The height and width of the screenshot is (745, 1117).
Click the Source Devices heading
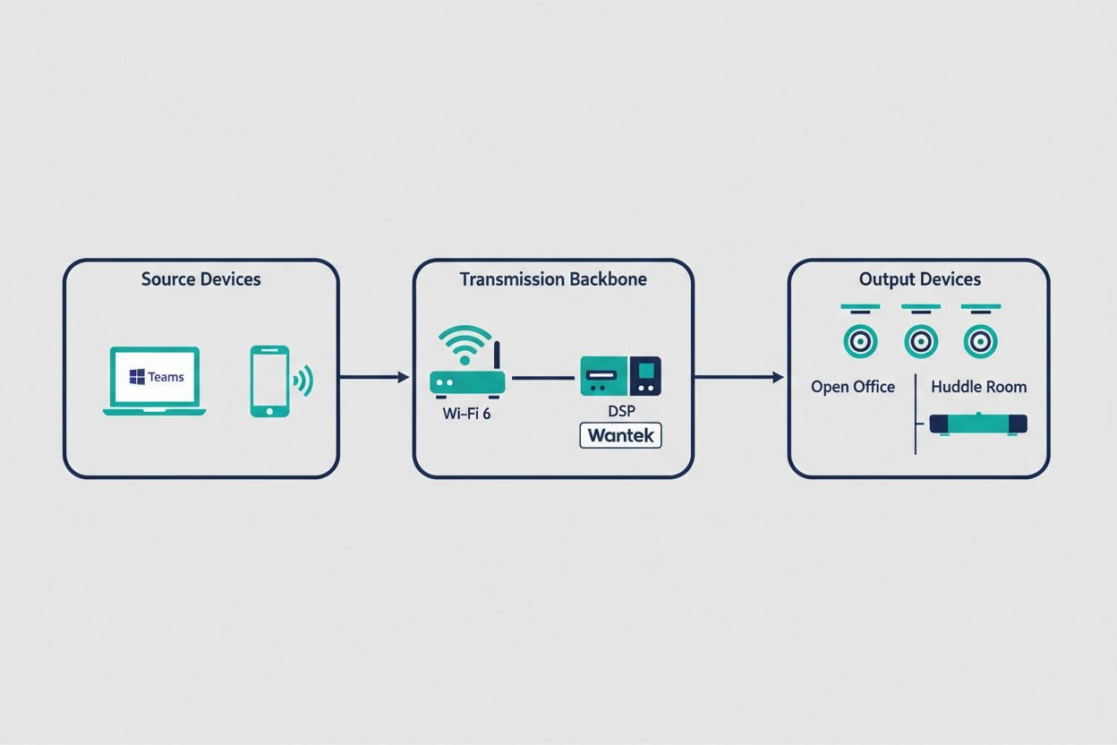[x=201, y=279]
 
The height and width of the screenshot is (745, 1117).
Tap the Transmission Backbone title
[x=553, y=279]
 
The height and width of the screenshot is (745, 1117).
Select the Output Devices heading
[x=919, y=279]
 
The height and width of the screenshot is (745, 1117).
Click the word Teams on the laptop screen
[x=166, y=377]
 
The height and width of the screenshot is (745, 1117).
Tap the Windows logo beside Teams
[x=137, y=377]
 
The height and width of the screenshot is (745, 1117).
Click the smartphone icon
[x=269, y=381]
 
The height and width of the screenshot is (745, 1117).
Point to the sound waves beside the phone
[x=303, y=381]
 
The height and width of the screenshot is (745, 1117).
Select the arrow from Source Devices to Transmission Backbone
[x=374, y=377]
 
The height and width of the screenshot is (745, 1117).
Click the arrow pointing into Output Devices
[x=738, y=377]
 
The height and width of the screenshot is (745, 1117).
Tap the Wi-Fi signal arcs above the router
[x=465, y=339]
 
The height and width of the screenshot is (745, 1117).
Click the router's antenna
[x=497, y=356]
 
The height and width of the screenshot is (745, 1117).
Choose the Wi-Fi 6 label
[x=466, y=414]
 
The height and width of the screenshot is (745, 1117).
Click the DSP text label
[x=621, y=411]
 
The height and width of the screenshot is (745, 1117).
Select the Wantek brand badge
[x=621, y=435]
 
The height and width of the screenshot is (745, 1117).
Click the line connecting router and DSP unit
[x=543, y=378]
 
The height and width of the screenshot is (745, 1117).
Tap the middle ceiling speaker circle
[x=920, y=342]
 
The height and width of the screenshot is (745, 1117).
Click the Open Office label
[x=853, y=387]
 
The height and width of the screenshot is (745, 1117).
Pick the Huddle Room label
[x=979, y=387]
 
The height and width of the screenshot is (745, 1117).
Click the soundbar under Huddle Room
[x=978, y=424]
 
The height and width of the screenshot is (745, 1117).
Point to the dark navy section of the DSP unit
[x=646, y=376]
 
